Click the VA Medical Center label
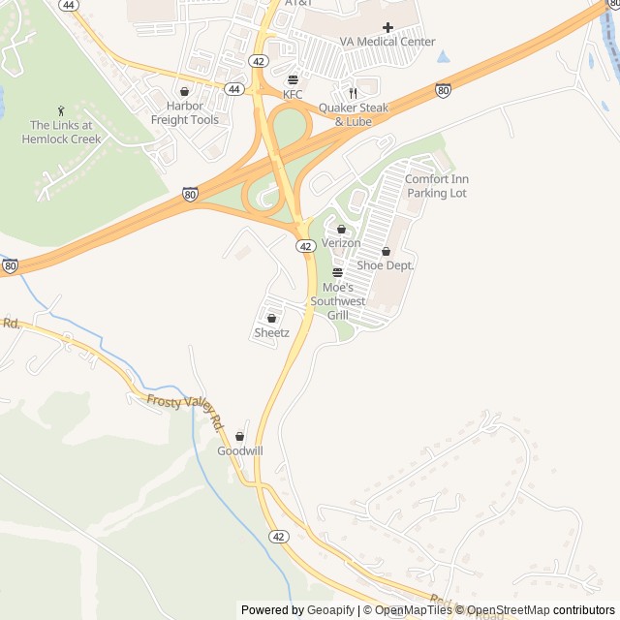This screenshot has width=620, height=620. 387,42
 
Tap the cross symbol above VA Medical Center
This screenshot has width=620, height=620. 388,27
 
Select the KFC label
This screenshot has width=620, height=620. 293,94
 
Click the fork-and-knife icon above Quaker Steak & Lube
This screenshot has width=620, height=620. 354,93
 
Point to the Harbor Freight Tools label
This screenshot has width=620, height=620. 184,112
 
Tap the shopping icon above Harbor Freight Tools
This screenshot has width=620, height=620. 184,92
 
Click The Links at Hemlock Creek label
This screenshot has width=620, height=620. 61,132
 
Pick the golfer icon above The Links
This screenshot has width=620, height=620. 61,110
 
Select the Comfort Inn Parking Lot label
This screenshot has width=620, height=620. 436,186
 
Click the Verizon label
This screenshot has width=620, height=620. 341,243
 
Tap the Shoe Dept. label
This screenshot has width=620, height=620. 386,264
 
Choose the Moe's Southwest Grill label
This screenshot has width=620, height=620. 337,301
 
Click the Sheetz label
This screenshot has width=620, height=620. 271,332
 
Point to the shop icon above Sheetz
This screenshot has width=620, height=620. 271,318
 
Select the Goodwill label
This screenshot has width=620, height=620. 239,450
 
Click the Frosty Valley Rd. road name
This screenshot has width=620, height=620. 185,411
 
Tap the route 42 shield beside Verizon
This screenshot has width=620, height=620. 305,247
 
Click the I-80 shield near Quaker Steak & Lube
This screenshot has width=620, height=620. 443,90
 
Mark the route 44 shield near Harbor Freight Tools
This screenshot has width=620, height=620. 233,88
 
